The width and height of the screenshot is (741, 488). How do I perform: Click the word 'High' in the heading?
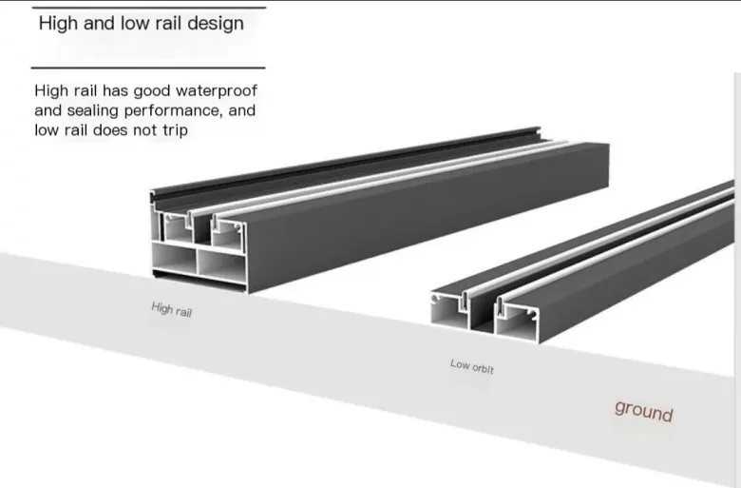59,23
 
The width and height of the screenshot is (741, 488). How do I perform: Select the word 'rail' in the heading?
161,23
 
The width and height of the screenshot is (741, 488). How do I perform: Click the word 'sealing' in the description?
95,110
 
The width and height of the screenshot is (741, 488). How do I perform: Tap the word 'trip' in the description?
173,129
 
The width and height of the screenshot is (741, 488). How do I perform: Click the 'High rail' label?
171,309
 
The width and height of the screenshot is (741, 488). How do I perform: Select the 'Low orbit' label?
471,365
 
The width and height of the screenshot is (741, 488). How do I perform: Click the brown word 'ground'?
643,410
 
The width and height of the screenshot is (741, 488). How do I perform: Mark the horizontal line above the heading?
147,7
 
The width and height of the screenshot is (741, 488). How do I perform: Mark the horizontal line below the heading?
147,68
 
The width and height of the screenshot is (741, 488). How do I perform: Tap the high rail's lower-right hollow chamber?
221,263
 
